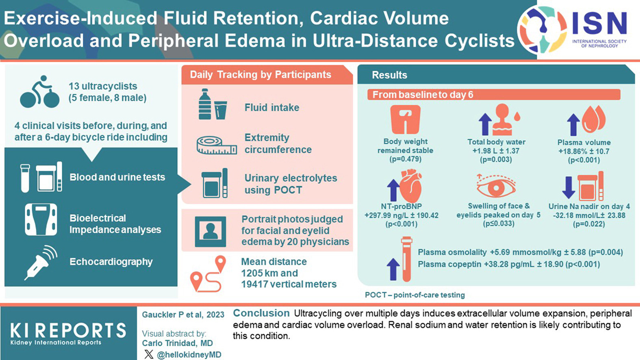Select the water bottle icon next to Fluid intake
(205, 104)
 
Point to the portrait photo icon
(210, 232)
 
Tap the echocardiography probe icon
(41, 262)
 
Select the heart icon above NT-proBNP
(410, 187)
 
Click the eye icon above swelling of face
(496, 187)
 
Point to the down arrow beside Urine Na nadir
(568, 187)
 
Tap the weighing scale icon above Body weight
(405, 119)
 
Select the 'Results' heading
(389, 75)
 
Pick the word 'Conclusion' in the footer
(261, 313)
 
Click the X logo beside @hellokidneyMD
(149, 354)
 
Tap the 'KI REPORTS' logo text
(68, 331)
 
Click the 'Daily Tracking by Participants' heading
(260, 75)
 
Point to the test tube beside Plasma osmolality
(406, 260)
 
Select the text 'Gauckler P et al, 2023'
(183, 314)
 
